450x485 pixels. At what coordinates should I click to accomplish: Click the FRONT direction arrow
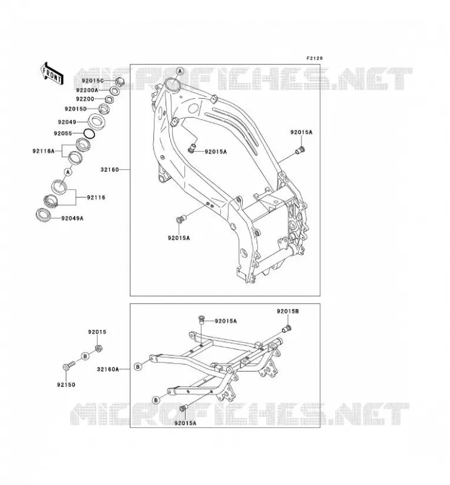coord(52,73)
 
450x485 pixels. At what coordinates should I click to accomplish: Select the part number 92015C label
coord(93,81)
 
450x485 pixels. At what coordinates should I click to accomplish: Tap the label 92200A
coord(87,90)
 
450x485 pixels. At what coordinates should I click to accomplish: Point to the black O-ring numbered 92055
coord(89,133)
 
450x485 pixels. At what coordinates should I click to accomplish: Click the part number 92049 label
coord(67,122)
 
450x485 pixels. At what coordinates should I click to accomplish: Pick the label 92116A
coord(43,151)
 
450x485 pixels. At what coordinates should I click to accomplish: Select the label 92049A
coord(72,218)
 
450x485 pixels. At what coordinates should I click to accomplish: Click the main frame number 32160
coord(110,170)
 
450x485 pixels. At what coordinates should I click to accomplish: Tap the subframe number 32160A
coord(108,369)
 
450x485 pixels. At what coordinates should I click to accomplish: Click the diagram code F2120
coord(314,58)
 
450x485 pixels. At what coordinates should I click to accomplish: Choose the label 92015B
coord(288,311)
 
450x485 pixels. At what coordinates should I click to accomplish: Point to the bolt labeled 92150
coord(69,365)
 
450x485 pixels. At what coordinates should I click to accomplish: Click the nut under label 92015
coord(99,349)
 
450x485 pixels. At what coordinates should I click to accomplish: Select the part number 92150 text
coord(66,384)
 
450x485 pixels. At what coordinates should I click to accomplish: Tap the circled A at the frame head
coord(180,72)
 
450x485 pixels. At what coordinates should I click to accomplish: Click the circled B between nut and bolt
coord(85,356)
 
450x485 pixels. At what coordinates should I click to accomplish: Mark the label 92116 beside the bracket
coord(96,197)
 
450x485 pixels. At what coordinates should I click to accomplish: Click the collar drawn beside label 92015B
coord(287,329)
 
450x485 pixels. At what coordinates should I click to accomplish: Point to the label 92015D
coord(76,109)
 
